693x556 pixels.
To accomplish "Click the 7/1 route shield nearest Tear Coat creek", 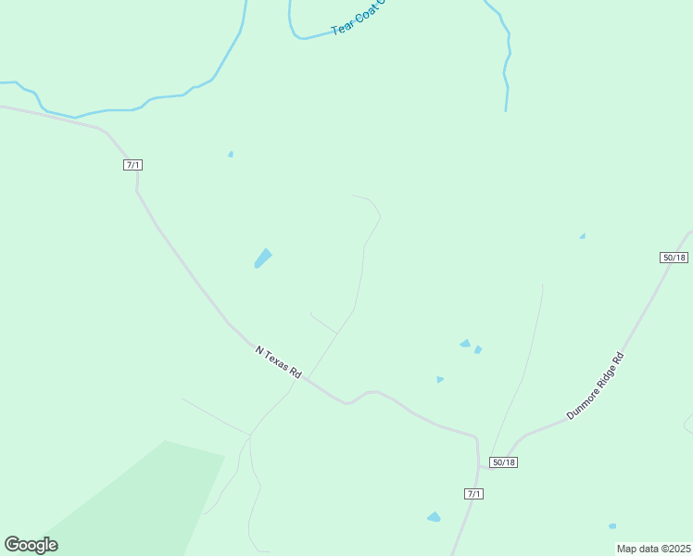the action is [132, 165].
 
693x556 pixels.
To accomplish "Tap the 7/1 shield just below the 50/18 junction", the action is [473, 494].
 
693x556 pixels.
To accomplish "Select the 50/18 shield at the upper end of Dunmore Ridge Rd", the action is [674, 258].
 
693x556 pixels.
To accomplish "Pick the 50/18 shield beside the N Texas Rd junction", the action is [503, 462].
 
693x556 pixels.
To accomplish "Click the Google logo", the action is [31, 545].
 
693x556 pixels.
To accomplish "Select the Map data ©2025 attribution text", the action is [653, 549].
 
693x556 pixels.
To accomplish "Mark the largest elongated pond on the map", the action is [263, 259].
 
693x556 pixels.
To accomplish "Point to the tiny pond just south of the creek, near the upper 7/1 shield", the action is [231, 154].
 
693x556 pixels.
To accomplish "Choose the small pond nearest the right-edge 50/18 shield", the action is [582, 236].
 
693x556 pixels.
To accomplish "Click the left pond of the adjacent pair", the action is [465, 344].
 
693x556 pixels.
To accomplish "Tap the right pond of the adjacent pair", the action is [478, 349].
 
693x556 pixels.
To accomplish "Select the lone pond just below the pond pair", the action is [439, 379].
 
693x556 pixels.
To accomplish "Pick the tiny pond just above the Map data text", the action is [612, 526].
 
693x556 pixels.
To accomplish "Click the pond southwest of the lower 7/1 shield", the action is [434, 517].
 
